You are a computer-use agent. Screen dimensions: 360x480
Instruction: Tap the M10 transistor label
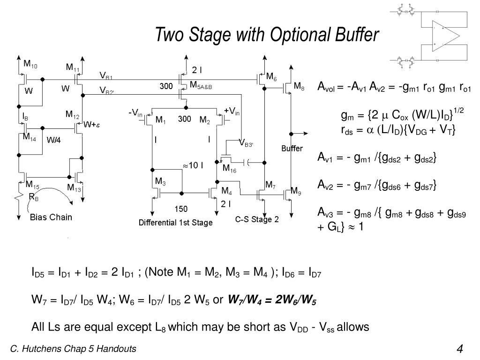click(31, 64)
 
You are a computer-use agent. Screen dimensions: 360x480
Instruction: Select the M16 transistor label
click(229, 168)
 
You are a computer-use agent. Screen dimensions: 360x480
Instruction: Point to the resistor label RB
click(34, 197)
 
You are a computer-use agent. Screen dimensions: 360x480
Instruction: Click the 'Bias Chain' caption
click(51, 217)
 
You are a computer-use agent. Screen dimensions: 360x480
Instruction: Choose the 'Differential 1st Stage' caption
click(175, 223)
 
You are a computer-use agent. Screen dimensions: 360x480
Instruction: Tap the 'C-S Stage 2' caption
click(257, 220)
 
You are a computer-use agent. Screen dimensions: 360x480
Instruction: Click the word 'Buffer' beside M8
click(292, 149)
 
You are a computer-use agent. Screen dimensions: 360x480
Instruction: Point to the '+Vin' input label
click(232, 111)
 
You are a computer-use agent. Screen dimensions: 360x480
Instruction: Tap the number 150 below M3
click(181, 208)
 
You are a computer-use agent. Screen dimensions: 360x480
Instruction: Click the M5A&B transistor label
click(201, 86)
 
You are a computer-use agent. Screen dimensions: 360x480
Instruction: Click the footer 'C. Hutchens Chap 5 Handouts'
click(74, 349)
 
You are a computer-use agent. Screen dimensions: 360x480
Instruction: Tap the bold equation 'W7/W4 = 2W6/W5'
click(272, 300)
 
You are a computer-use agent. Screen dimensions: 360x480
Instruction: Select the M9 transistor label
click(296, 191)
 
